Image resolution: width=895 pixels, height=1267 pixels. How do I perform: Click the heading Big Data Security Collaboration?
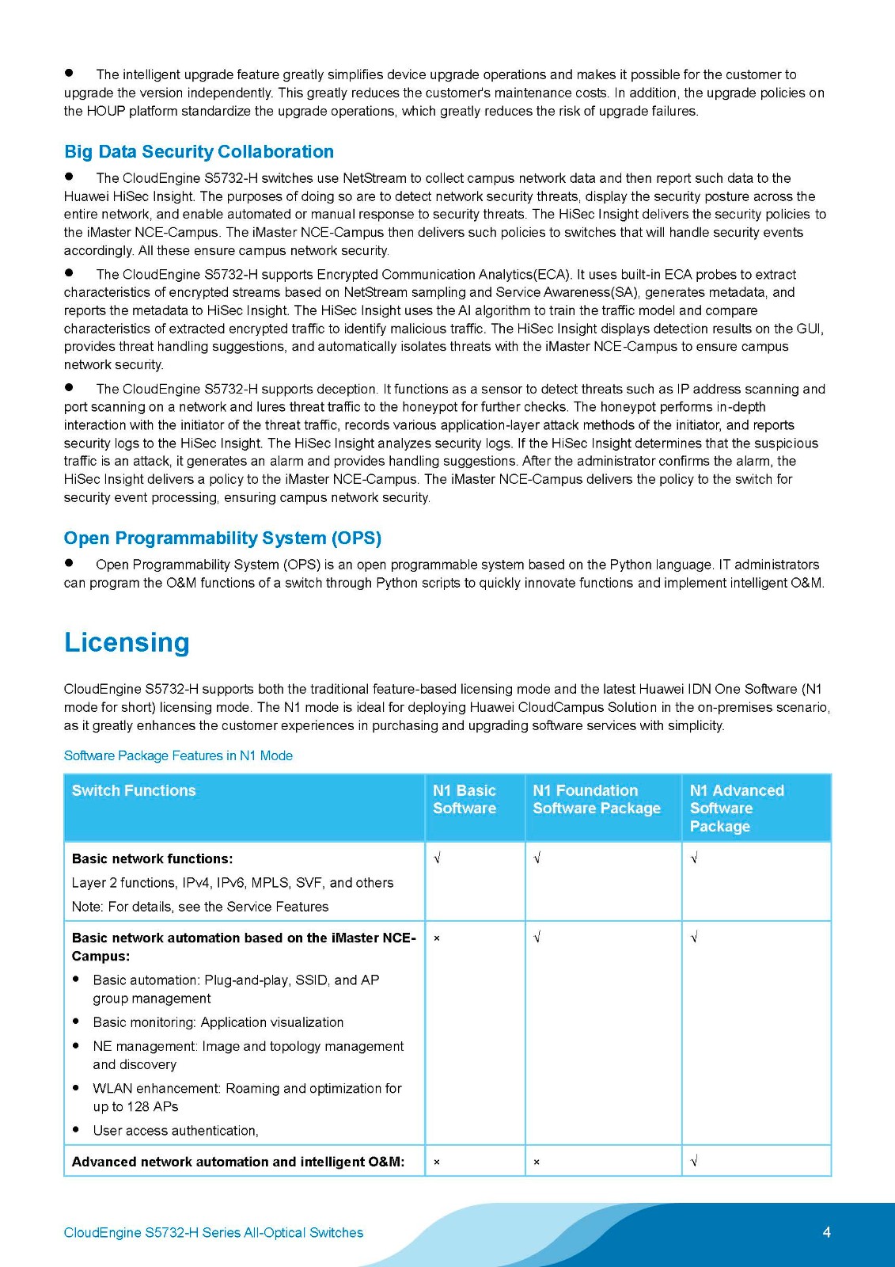coord(199,151)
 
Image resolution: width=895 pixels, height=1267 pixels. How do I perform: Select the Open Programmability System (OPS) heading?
coord(222,538)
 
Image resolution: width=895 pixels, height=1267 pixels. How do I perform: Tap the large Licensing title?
coord(127,642)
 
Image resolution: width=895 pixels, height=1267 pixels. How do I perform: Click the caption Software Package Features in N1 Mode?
coord(178,755)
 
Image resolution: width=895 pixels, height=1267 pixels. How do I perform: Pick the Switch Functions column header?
coord(134,790)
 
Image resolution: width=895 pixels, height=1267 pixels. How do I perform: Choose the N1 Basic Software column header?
coord(465,799)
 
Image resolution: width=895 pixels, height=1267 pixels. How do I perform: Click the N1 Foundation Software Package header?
coord(597,799)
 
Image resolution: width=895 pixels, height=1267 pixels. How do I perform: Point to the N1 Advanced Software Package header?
coord(737,808)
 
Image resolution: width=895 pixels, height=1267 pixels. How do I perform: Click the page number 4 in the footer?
coord(827,1232)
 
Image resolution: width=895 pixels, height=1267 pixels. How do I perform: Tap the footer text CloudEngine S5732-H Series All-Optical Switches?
coord(214,1233)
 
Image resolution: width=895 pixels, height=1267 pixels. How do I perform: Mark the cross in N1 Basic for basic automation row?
coord(437,938)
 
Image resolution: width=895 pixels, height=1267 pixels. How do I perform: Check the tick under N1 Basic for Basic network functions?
coord(437,858)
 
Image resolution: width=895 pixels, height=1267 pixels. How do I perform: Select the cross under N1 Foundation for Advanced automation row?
coord(537,1162)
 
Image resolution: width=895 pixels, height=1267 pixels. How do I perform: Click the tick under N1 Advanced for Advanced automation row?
coord(694,1162)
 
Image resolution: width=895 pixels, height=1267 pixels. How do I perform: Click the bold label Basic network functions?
coord(152,858)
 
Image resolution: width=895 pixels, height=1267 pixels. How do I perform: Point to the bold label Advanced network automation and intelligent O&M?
coord(238,1162)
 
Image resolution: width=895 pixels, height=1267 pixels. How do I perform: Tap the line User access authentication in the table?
coord(176,1131)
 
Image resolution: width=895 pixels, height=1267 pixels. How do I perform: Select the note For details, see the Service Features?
coord(199,907)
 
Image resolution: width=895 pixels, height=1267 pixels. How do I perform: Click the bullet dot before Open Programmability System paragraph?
coord(69,563)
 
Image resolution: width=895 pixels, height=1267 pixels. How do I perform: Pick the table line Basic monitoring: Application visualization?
coord(218,1022)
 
